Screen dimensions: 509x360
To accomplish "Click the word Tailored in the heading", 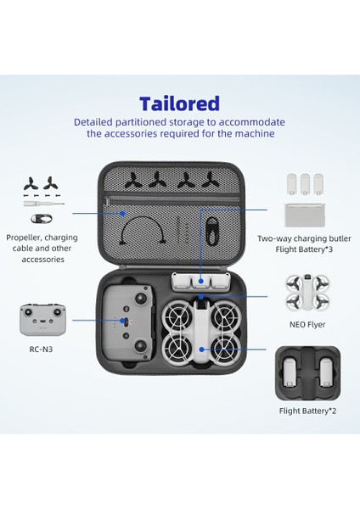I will point(179,103).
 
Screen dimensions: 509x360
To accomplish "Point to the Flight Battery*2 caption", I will point(307,411).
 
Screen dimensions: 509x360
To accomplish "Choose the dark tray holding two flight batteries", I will point(307,373).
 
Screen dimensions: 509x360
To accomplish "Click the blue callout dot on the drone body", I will point(202,349).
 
